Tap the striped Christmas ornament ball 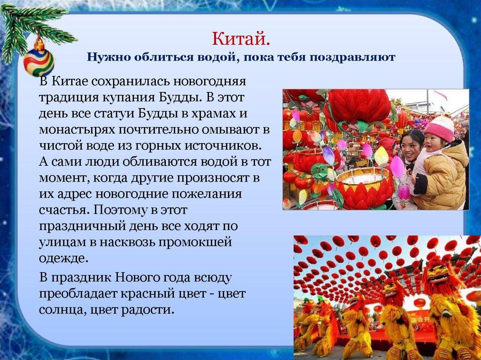pos(39,61)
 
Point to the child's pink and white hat pos(440,127)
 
